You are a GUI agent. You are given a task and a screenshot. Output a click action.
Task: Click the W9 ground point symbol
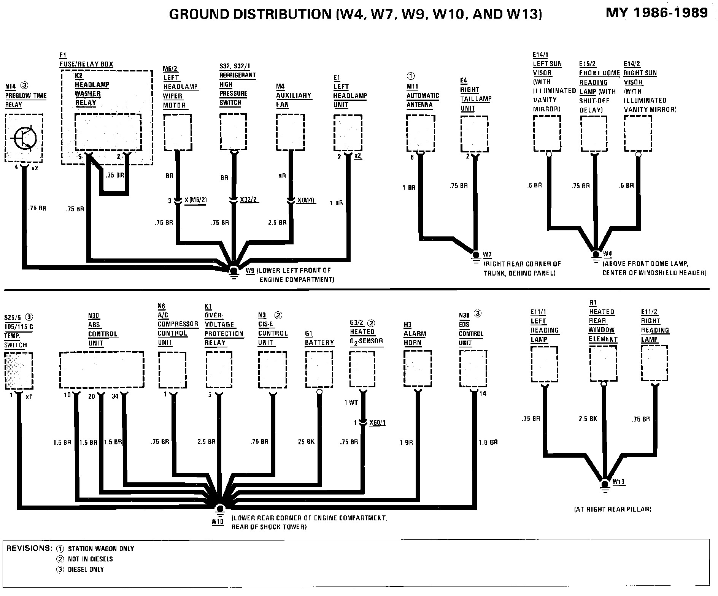tap(234, 271)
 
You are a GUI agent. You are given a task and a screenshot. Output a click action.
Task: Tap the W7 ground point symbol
tap(475, 254)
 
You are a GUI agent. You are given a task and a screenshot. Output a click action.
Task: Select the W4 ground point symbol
tap(596, 254)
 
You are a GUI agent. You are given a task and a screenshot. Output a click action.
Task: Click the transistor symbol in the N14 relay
tap(25, 139)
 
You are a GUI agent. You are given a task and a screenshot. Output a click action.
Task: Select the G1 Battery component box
tap(319, 369)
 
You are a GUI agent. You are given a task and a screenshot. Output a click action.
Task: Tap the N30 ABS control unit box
tap(102, 369)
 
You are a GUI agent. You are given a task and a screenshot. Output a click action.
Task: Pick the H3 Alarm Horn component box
tap(417, 369)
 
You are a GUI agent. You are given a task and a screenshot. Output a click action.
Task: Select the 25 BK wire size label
tap(306, 442)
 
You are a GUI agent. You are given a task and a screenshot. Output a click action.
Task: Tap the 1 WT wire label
tap(351, 403)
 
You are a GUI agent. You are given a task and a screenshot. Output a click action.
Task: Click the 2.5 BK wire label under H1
tap(588, 418)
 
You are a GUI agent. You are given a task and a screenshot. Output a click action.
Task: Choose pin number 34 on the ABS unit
tap(115, 396)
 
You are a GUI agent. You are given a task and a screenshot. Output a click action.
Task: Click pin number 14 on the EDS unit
tap(483, 394)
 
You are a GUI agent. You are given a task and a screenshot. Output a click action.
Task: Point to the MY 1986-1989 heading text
tap(657, 13)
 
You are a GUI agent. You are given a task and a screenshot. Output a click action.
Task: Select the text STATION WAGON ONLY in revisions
tap(101, 549)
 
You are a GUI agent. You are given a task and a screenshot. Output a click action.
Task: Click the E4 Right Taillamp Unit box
tap(474, 134)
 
